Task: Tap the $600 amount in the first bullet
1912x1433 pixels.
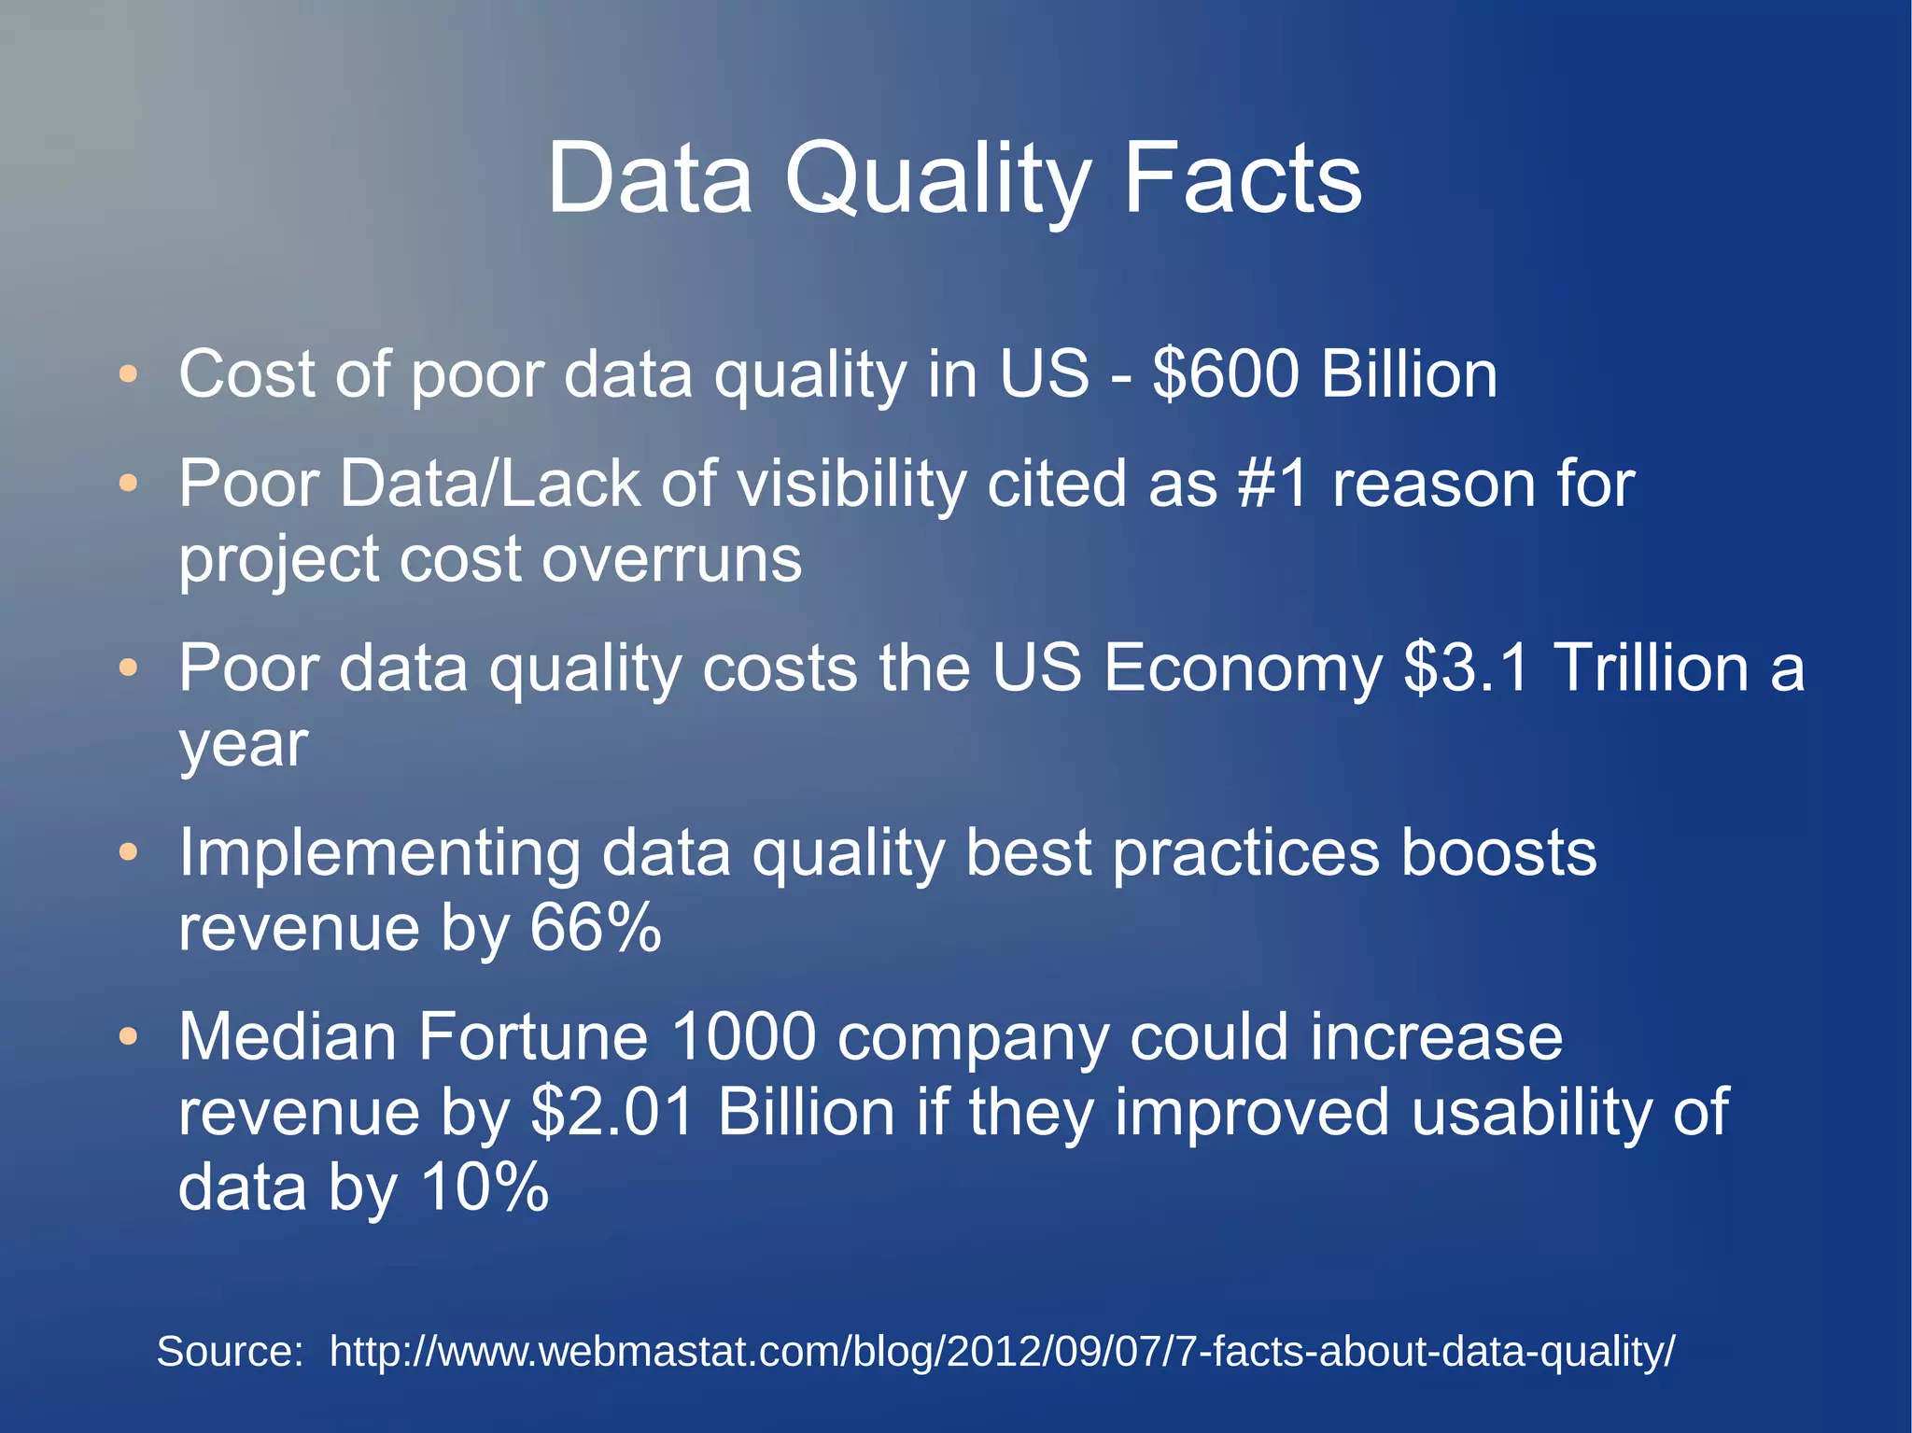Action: click(1225, 374)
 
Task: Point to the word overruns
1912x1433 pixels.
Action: click(671, 560)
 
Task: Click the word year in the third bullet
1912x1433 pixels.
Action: click(243, 746)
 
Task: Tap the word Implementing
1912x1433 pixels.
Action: click(379, 853)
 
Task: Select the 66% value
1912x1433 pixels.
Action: click(596, 928)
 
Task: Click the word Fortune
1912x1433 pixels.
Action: click(532, 1037)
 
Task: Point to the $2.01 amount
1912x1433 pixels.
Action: click(612, 1113)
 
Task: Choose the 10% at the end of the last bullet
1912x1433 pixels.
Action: click(485, 1187)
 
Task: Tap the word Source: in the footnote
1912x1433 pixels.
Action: click(230, 1351)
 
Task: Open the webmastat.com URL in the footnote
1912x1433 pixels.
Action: click(1002, 1352)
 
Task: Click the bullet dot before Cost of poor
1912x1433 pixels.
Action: click(129, 375)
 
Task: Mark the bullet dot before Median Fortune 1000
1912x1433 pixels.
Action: click(129, 1037)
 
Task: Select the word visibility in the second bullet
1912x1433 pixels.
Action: click(851, 485)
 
